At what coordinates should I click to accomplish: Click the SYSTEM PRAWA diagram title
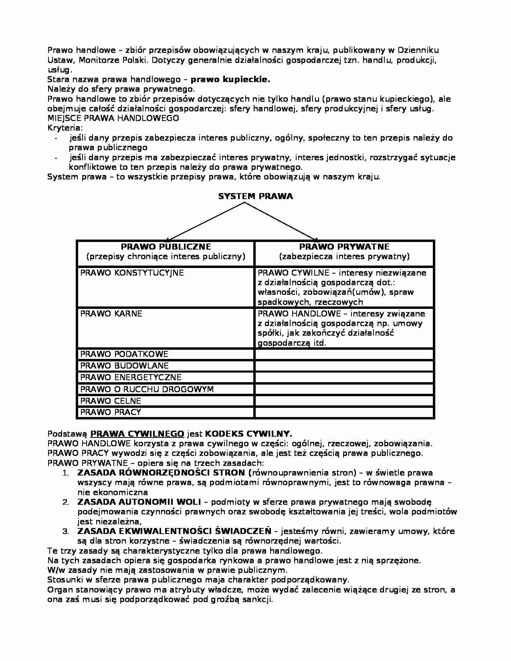tap(255, 196)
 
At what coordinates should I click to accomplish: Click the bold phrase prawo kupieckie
tap(230, 79)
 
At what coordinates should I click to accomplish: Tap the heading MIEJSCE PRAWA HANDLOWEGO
tap(113, 118)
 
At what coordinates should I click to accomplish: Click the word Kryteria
tap(65, 128)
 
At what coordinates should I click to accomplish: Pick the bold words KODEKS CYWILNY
tap(248, 434)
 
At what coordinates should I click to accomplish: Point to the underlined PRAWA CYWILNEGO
tap(137, 434)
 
